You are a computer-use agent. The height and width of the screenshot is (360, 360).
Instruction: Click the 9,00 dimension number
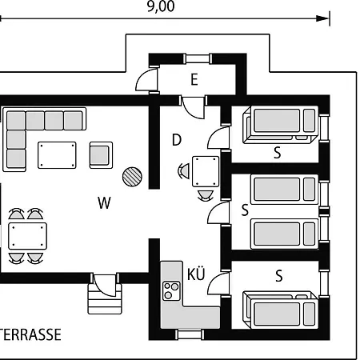[161, 6]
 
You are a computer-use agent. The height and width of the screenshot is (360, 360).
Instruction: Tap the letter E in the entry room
[194, 79]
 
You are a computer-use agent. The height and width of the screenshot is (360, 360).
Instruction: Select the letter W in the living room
[104, 203]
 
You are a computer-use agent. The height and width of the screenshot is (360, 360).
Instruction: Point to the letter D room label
[177, 140]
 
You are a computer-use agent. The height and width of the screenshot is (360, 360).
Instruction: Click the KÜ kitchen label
[196, 274]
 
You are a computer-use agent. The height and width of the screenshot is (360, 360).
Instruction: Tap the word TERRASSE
[30, 334]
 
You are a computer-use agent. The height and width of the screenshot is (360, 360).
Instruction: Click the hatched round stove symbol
[132, 177]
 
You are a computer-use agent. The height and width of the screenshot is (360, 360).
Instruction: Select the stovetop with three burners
[171, 291]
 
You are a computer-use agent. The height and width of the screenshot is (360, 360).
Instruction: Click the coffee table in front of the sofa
[57, 155]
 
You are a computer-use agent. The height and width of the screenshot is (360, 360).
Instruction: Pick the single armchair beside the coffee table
[101, 155]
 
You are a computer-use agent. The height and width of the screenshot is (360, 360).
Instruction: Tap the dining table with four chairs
[27, 236]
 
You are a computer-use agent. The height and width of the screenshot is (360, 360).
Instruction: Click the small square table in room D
[206, 171]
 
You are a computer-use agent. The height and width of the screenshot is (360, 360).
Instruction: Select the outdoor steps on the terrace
[105, 298]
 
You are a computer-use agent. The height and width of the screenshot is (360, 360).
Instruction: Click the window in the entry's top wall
[198, 58]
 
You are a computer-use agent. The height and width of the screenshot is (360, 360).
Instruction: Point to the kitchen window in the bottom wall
[190, 334]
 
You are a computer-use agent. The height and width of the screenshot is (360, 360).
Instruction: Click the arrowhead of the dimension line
[322, 18]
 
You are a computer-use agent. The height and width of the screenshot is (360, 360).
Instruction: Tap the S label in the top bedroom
[278, 153]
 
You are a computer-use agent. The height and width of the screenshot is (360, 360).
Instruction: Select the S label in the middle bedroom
[245, 210]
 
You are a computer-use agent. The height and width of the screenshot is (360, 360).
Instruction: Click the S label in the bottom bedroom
[278, 276]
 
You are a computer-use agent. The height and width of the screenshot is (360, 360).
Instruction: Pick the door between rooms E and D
[193, 106]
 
